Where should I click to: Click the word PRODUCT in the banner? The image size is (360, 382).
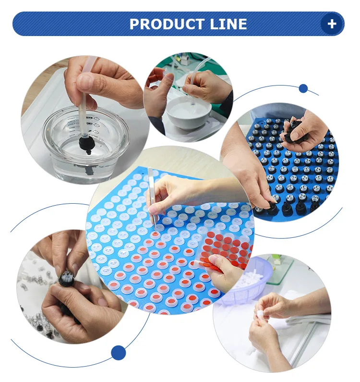(x=167, y=24)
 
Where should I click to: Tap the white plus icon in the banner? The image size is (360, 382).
(x=332, y=24)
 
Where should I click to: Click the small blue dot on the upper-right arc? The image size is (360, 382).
(x=303, y=88)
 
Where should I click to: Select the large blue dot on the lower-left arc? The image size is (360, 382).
(x=118, y=353)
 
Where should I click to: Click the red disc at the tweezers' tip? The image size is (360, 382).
(x=156, y=235)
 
